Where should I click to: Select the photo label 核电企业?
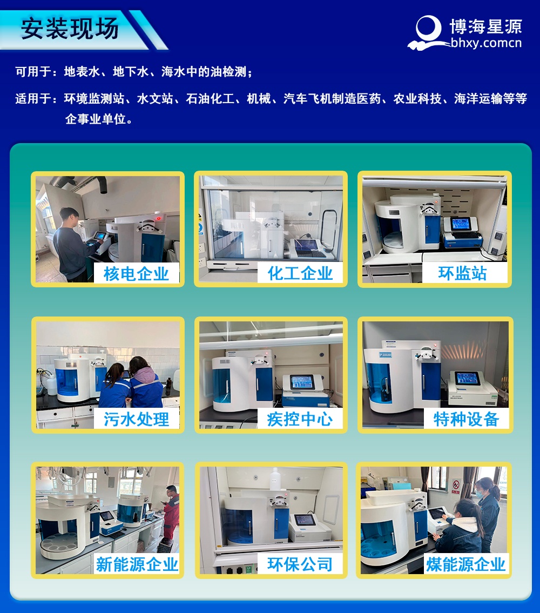pos(136,274)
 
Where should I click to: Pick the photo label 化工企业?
pos(300,273)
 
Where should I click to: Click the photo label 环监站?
pos(462,273)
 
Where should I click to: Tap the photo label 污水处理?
pos(136,419)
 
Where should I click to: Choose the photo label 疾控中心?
pos(300,419)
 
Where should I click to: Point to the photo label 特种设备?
pos(466,419)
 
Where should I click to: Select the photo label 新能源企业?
pos(137,564)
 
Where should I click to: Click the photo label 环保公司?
pos(300,564)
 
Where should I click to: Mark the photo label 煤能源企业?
pos(466,564)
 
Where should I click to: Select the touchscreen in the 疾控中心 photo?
pos(305,382)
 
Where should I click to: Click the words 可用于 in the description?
pos(32,72)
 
